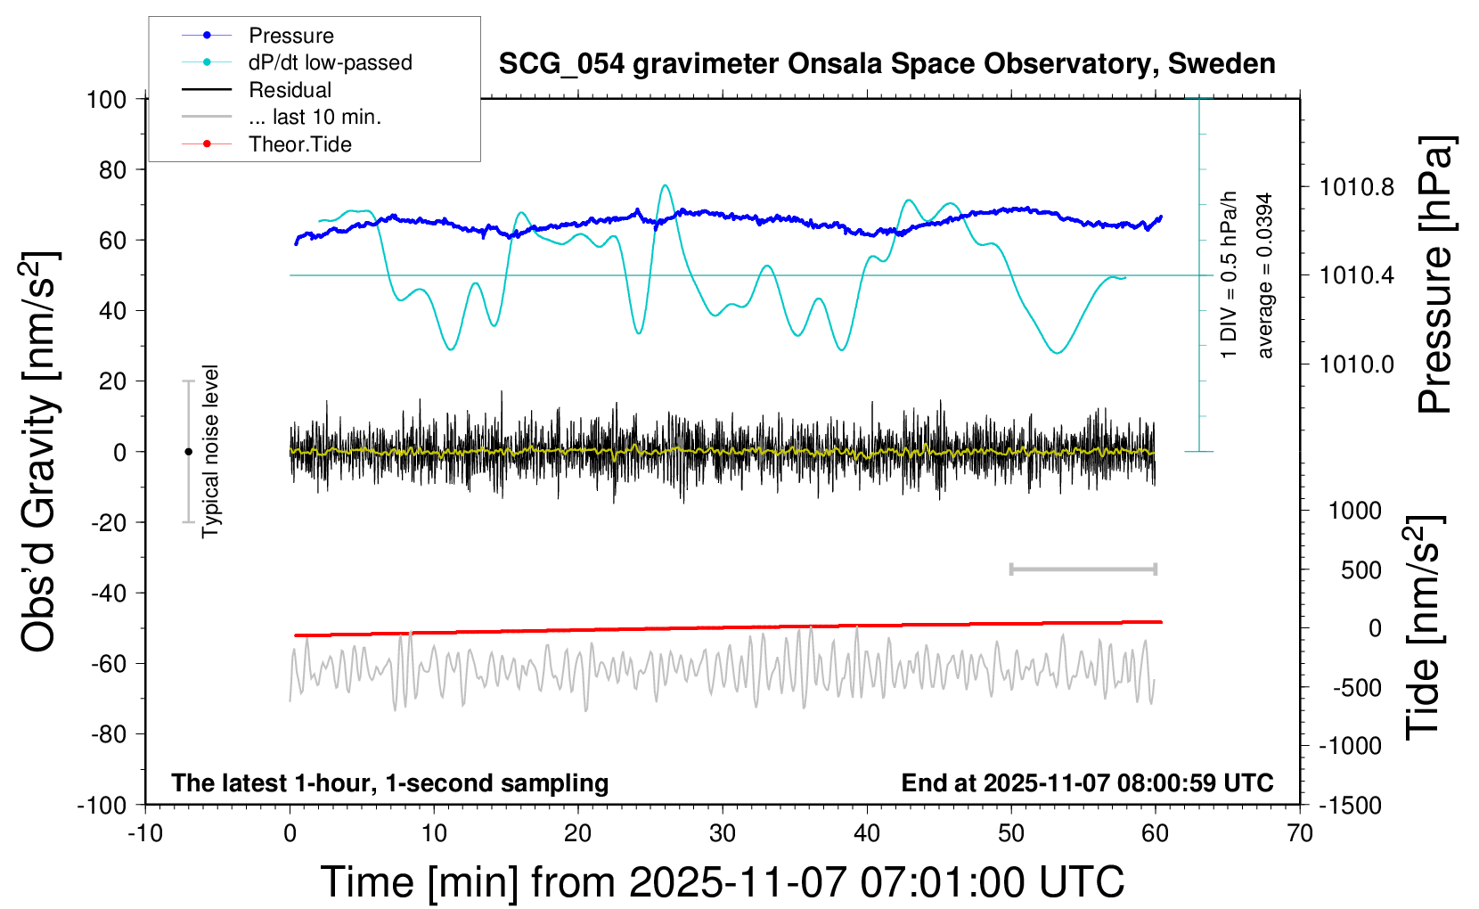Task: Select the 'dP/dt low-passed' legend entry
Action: click(330, 62)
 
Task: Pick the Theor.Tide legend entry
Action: click(299, 144)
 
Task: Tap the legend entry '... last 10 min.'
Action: click(315, 117)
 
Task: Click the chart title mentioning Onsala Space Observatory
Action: click(887, 64)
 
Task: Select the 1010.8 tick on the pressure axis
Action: click(1357, 187)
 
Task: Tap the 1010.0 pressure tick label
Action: click(1357, 364)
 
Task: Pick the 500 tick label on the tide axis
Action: click(1361, 570)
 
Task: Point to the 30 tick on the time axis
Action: click(723, 834)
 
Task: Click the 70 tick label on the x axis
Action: click(1300, 834)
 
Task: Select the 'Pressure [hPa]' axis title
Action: click(1435, 274)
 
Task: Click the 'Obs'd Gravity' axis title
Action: click(40, 452)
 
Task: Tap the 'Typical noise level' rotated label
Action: click(210, 452)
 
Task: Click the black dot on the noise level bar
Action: click(188, 452)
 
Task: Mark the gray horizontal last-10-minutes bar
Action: click(1083, 569)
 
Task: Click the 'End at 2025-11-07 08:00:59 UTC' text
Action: click(1087, 783)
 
